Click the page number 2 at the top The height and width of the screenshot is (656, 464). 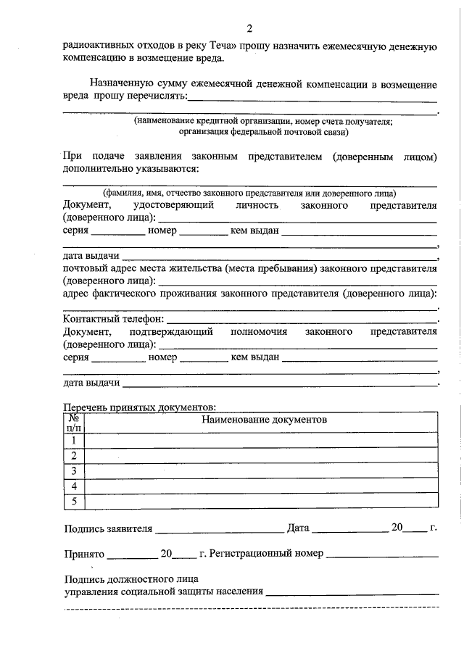[249, 29]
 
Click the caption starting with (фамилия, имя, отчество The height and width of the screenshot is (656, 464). [249, 193]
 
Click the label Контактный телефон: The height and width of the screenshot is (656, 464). [114, 319]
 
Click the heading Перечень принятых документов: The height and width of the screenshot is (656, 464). [140, 407]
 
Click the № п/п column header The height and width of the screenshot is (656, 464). [73, 423]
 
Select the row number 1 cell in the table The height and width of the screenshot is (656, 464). [73, 441]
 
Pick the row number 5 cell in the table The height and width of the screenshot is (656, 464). [73, 501]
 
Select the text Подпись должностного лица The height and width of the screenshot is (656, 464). [130, 579]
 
